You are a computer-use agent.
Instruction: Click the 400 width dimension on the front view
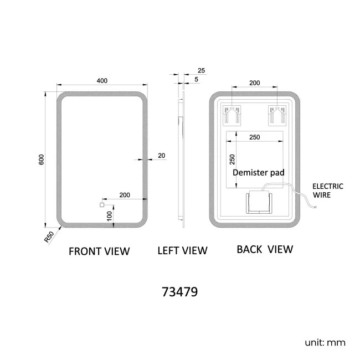click(102, 80)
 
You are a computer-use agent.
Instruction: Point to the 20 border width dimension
click(161, 156)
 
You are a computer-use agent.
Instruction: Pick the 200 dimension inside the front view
click(124, 195)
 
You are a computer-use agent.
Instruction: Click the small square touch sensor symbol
click(101, 205)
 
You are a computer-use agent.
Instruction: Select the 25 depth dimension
click(201, 70)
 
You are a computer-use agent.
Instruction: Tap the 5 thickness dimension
click(197, 80)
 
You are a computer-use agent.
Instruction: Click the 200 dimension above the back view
click(254, 83)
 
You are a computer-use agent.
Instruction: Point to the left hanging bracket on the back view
click(231, 116)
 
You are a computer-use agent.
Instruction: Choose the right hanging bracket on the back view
click(277, 116)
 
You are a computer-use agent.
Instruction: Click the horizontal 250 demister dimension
click(255, 137)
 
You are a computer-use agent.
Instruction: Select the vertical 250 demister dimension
click(233, 160)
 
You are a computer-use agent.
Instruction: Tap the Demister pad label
click(259, 172)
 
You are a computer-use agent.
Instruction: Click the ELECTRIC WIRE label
click(328, 191)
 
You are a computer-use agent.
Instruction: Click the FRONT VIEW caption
click(99, 251)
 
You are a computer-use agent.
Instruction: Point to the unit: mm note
click(325, 342)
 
